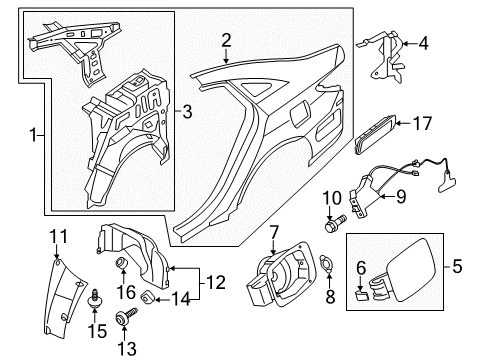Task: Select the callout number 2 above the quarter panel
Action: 226,40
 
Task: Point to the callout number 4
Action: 423,43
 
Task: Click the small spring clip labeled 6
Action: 361,292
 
